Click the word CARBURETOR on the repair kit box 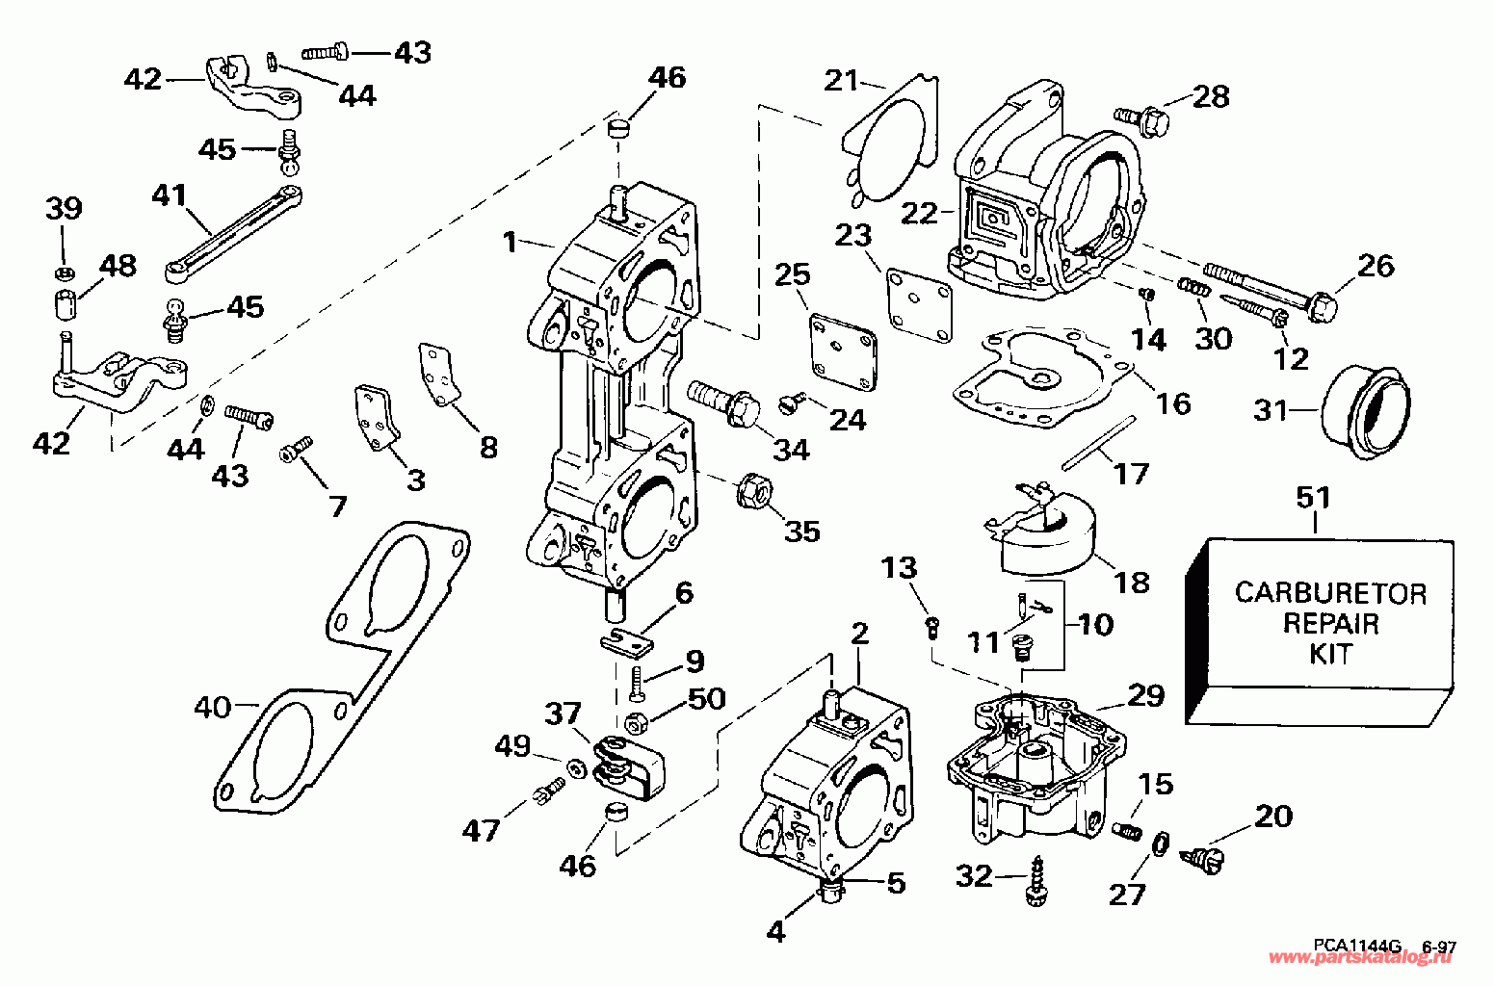1330,593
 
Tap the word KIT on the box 1331,654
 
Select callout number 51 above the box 1313,498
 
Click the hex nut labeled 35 753,492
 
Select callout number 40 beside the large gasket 212,708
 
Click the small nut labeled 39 64,272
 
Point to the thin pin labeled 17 1098,443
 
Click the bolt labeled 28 1141,120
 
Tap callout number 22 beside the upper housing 919,214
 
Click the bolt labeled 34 724,402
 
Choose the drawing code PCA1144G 1357,945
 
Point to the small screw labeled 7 296,450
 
